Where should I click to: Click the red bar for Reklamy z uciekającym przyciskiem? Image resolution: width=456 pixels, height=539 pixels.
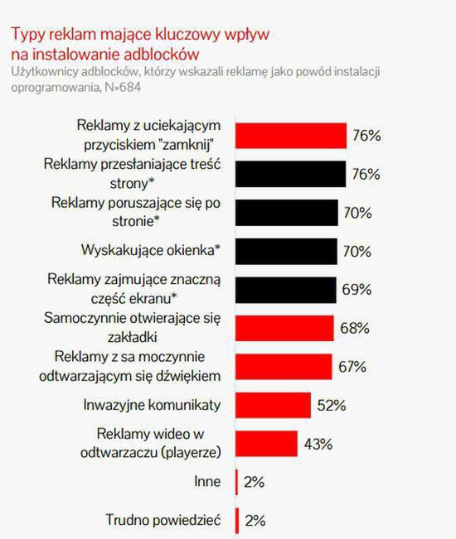(291, 135)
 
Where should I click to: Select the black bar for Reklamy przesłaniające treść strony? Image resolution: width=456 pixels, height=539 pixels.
(291, 174)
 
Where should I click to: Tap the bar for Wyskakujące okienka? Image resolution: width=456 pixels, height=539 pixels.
(287, 250)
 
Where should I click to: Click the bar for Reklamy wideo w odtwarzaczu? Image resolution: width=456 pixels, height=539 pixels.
(267, 443)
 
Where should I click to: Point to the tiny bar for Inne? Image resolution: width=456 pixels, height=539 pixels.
(238, 482)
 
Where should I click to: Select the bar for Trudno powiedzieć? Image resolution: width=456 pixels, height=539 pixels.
(238, 520)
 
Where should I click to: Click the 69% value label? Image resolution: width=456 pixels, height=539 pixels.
(356, 290)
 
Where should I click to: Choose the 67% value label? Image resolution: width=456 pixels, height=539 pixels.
(352, 367)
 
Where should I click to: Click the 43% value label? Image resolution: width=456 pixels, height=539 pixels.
(318, 444)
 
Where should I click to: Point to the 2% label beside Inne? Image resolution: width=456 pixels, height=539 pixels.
(255, 482)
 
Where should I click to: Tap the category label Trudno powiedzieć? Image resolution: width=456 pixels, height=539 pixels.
(161, 520)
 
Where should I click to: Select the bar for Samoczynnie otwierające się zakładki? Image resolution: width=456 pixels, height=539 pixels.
(285, 328)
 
